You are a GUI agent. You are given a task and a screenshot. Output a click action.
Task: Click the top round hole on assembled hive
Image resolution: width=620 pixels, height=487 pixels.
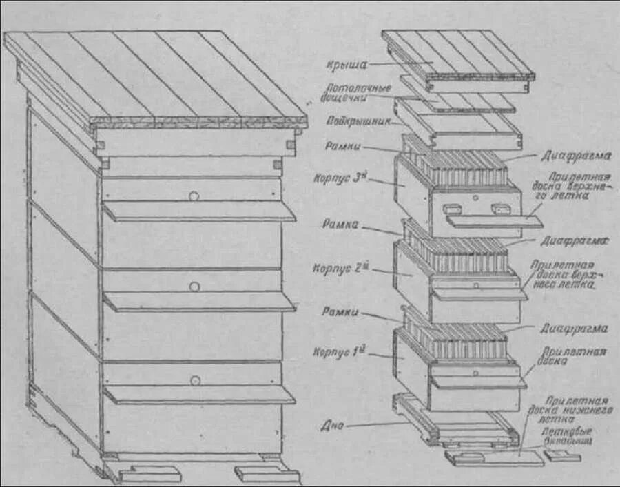coord(195,196)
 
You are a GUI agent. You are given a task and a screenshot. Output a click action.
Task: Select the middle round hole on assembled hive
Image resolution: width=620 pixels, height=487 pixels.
coord(195,286)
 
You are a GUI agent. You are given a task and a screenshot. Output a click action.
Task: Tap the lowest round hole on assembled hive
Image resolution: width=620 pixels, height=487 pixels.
coord(195,380)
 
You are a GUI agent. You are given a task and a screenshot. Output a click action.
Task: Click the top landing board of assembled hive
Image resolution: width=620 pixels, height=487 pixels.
coord(198,211)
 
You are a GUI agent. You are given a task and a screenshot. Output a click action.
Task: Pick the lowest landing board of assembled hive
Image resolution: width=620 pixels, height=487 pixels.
coord(198,394)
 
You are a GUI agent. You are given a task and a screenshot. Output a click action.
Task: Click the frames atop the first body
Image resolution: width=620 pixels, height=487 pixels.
coord(458,339)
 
